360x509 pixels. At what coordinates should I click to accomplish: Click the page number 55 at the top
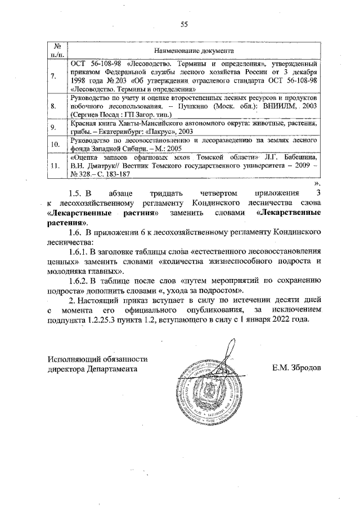pos(183,24)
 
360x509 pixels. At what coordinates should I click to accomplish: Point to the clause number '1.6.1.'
pos(80,251)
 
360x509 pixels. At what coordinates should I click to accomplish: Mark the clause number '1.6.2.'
pos(80,280)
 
